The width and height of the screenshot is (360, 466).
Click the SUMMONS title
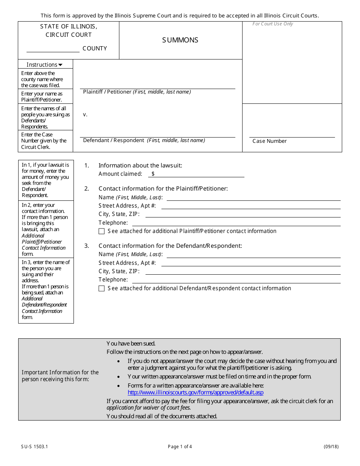180,40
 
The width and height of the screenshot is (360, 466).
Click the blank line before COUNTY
53,49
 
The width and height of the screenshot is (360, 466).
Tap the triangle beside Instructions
60,65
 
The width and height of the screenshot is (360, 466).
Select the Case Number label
269,141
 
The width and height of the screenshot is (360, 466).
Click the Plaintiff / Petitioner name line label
137,92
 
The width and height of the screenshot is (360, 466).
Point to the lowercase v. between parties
85,114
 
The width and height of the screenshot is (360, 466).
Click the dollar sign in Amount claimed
153,174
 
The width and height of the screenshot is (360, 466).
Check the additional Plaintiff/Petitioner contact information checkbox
102,231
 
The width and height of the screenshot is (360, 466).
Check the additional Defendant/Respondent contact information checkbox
102,288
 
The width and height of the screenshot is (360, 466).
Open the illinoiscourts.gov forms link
195,393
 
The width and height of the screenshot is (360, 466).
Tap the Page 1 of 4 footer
180,447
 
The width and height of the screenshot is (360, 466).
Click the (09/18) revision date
331,447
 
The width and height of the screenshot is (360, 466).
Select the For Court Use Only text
273,24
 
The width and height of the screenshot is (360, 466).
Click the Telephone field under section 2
235,223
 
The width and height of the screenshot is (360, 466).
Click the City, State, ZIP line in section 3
243,271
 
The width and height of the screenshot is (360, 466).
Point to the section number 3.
86,246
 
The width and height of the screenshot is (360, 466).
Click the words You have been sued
131,344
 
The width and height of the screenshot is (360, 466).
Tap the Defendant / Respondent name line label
144,140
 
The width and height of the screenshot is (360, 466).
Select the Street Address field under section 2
250,206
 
